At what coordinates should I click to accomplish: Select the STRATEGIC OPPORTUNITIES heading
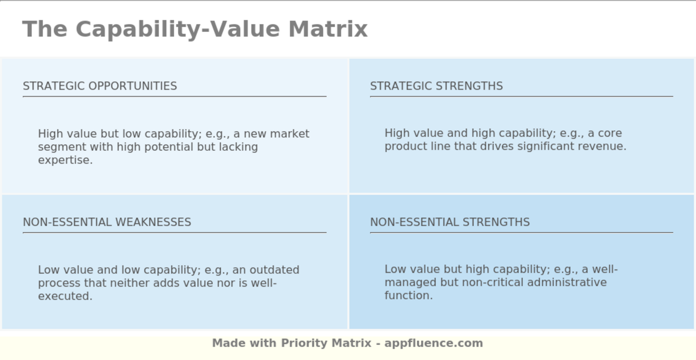click(x=100, y=86)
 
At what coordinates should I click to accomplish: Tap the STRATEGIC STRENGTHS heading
click(x=436, y=86)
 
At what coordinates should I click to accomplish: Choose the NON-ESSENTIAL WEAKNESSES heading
click(x=107, y=222)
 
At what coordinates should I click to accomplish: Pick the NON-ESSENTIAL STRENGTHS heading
click(x=450, y=222)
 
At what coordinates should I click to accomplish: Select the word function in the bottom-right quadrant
click(x=408, y=295)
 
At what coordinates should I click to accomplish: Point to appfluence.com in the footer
click(x=434, y=343)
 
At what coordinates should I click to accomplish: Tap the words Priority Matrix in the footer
click(x=326, y=343)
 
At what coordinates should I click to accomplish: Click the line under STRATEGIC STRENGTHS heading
click(x=522, y=96)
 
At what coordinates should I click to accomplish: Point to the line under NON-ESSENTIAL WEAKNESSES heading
click(x=174, y=232)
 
